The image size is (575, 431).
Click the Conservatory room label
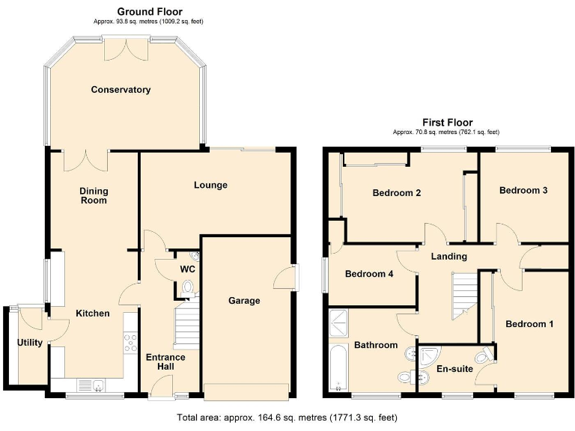click(x=121, y=90)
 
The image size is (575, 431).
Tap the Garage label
click(x=244, y=301)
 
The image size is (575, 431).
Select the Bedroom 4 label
click(x=368, y=274)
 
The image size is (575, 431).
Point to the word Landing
click(x=448, y=257)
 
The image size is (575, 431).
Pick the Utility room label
click(x=30, y=343)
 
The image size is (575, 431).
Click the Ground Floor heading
click(x=149, y=11)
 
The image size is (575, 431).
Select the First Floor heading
click(x=448, y=123)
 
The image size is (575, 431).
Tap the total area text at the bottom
click(x=287, y=417)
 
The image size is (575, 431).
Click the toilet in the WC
click(x=187, y=287)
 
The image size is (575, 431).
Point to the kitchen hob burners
click(x=130, y=343)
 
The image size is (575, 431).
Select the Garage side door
click(x=285, y=277)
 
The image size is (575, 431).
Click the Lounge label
click(x=210, y=185)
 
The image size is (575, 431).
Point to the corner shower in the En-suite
click(x=429, y=355)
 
